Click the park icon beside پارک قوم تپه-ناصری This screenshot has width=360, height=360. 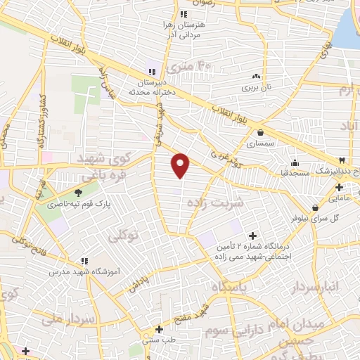tap(79, 192)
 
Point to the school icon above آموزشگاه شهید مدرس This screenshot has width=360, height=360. tap(84, 261)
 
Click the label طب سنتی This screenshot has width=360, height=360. tap(159, 340)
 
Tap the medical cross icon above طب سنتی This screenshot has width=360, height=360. tap(160, 329)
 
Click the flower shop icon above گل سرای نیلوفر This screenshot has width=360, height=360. tap(315, 207)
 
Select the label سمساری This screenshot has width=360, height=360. tap(261, 143)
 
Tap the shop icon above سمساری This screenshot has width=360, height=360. tap(261, 133)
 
